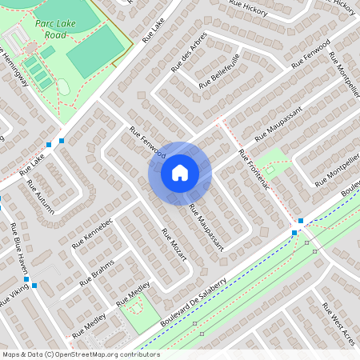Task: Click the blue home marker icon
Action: pos(180,173)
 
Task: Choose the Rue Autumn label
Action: pos(41,197)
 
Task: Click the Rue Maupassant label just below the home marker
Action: pos(206,225)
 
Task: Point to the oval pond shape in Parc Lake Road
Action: pos(64,87)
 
